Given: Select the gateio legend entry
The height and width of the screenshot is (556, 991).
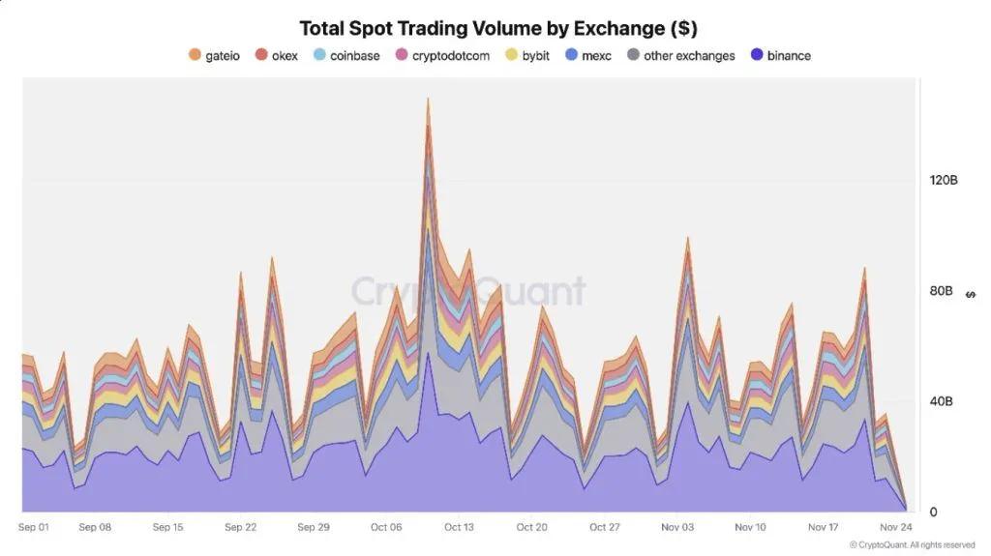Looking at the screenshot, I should (214, 56).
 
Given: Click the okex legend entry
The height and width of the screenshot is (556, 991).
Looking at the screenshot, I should (277, 56).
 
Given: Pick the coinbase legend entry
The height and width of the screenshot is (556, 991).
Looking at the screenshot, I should (346, 56).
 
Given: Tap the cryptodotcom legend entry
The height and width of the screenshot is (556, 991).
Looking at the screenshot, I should (442, 56).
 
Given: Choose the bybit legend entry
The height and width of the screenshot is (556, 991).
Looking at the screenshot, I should (527, 56).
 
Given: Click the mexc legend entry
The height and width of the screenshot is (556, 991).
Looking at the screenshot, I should (588, 56).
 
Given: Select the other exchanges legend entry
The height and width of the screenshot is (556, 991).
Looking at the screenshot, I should (681, 56).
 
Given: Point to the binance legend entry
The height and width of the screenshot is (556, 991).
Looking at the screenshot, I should (781, 56).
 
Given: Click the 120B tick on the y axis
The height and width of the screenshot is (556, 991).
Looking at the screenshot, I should (943, 181).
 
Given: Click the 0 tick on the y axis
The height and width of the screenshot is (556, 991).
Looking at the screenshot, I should (933, 512).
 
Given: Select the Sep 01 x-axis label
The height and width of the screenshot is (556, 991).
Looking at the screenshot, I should (34, 528).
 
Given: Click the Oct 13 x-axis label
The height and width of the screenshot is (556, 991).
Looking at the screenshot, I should (459, 528).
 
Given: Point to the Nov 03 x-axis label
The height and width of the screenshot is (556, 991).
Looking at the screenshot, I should (677, 528).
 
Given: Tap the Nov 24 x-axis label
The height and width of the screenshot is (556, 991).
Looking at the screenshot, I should (895, 528).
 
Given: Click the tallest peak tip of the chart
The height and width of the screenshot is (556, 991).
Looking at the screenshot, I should (427, 99).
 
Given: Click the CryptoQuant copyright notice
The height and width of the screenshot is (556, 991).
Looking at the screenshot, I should (912, 545).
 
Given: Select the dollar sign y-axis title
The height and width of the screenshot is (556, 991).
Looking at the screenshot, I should (971, 295).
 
